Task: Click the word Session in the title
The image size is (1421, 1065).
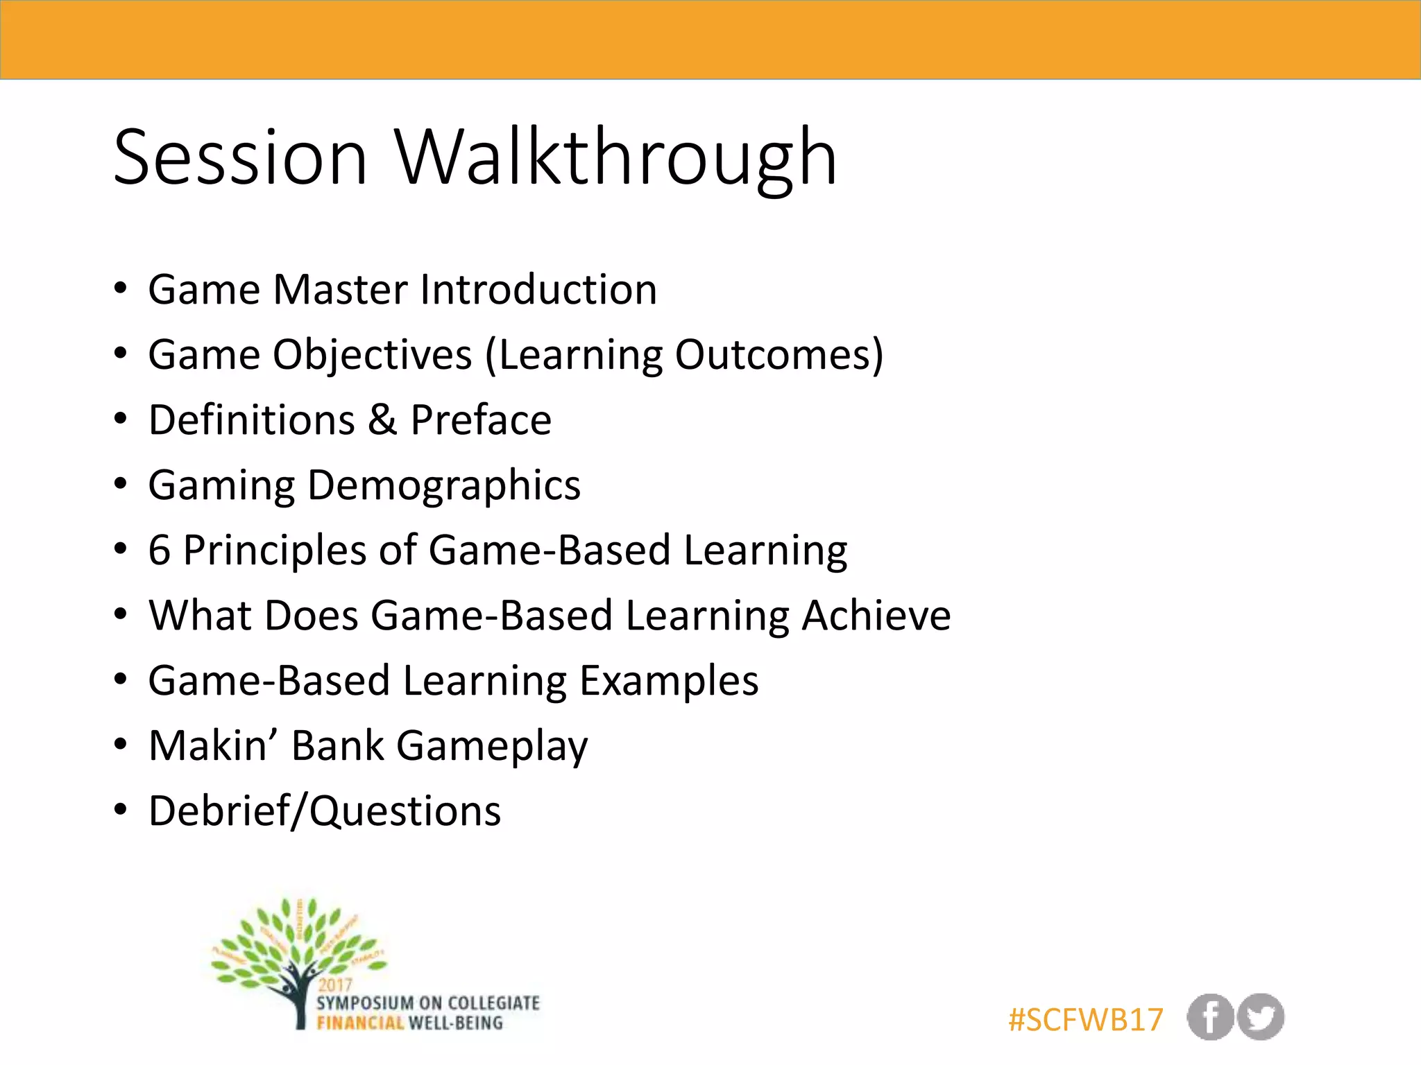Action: point(239,158)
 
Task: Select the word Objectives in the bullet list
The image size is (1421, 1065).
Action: point(373,354)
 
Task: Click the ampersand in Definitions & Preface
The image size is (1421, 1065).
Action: point(382,419)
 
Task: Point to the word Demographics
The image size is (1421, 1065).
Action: point(443,485)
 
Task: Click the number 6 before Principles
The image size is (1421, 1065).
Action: point(159,550)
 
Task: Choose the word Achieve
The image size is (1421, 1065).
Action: point(876,615)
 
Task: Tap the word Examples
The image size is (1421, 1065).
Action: point(669,680)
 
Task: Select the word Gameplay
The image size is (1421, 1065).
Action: point(492,747)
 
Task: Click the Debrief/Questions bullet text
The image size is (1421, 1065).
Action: point(324,811)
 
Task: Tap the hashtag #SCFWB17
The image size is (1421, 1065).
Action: point(1085,1019)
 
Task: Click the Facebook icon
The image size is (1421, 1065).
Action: point(1210,1017)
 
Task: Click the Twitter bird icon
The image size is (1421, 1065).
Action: point(1261,1017)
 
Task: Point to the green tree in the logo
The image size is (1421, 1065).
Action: point(298,943)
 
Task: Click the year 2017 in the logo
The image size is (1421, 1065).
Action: point(335,985)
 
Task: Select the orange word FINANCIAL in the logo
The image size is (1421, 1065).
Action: point(360,1023)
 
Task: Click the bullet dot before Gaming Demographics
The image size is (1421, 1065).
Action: point(121,484)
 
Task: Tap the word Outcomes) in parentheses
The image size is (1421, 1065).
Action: point(779,354)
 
